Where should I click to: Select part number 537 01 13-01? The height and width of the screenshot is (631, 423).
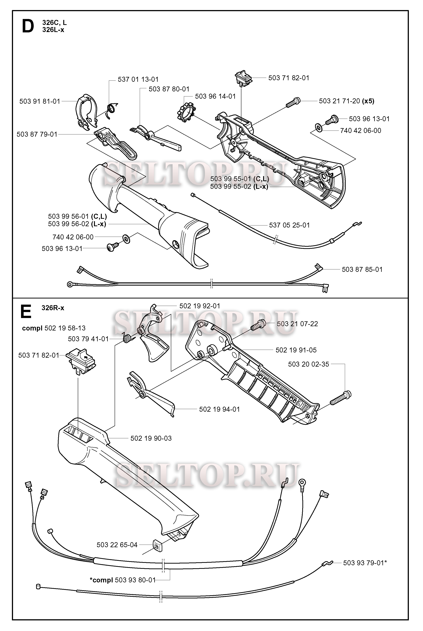coord(138,79)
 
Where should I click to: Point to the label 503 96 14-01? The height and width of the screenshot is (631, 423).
coord(215,96)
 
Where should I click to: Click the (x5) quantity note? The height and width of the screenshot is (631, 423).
coord(368,101)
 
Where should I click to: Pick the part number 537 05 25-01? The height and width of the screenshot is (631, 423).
coord(289,225)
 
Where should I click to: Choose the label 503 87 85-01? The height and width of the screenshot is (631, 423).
coord(362,269)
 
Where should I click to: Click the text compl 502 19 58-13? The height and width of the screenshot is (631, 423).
coord(54,328)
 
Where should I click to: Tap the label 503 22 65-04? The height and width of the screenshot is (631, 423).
coord(117,545)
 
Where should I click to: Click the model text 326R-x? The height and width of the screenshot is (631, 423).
coord(53,308)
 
